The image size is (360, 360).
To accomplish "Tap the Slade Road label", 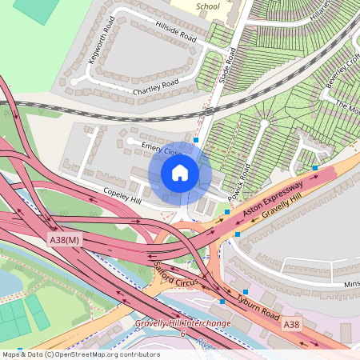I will point(226,66).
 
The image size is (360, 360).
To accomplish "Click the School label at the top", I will point(207,6).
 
